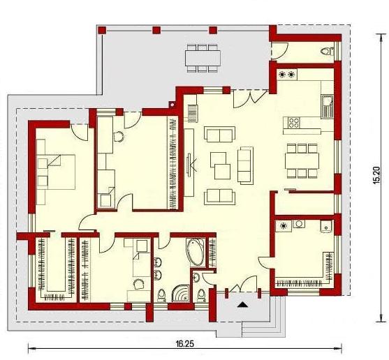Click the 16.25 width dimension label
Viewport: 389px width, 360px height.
pyautogui.click(x=185, y=344)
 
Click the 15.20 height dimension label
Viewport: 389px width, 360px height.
pyautogui.click(x=376, y=176)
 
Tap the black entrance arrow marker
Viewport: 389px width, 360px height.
pyautogui.click(x=242, y=304)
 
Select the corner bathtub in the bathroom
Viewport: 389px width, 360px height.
pyautogui.click(x=196, y=253)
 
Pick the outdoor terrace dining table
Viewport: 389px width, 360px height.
pyautogui.click(x=203, y=58)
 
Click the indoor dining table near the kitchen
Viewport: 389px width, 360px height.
pyautogui.click(x=302, y=160)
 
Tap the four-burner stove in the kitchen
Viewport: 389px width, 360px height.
pyautogui.click(x=294, y=123)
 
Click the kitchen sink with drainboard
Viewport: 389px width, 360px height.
pyautogui.click(x=328, y=106)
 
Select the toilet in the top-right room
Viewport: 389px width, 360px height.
pyautogui.click(x=327, y=52)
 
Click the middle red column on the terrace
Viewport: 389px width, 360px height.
pyautogui.click(x=156, y=30)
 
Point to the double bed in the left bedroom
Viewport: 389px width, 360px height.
pyautogui.click(x=56, y=172)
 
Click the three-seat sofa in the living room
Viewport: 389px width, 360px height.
pyautogui.click(x=246, y=165)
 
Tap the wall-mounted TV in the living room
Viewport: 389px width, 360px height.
pyautogui.click(x=189, y=165)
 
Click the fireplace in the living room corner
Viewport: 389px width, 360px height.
pyautogui.click(x=193, y=114)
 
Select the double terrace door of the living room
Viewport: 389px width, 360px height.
pyautogui.click(x=251, y=98)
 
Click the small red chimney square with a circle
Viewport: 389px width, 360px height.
pyautogui.click(x=173, y=105)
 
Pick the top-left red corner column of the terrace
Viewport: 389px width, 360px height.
pyautogui.click(x=102, y=30)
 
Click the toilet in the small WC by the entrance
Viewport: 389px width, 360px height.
pyautogui.click(x=200, y=295)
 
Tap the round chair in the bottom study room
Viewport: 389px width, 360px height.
pyautogui.click(x=138, y=284)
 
